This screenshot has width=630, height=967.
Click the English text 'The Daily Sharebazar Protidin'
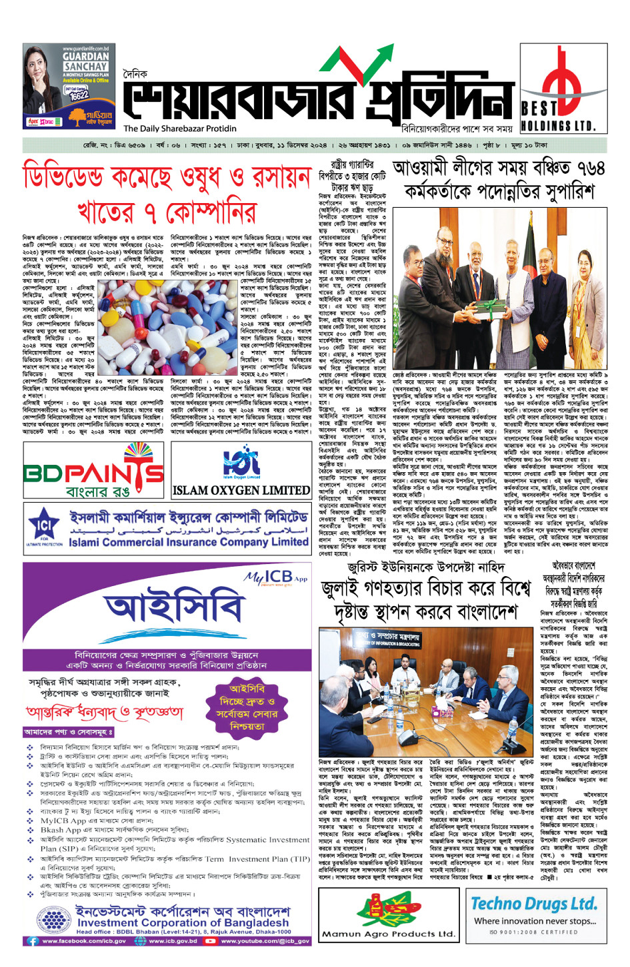pyautogui.click(x=179, y=129)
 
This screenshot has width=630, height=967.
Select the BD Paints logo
pyautogui.click(x=93, y=472)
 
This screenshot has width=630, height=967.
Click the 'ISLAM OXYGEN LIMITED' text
pyautogui.click(x=241, y=491)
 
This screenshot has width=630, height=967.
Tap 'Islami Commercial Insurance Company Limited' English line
pyautogui.click(x=189, y=542)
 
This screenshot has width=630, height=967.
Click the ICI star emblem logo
pyautogui.click(x=45, y=525)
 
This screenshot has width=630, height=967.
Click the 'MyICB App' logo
pyautogui.click(x=275, y=577)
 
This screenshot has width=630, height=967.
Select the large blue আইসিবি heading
pyautogui.click(x=174, y=608)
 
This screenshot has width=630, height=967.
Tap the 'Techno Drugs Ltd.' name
pyautogui.click(x=533, y=904)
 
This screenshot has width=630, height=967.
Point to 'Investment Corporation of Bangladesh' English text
pyautogui.click(x=182, y=922)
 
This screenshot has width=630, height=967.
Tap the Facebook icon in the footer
pyautogui.click(x=32, y=941)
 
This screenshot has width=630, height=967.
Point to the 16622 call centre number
pyautogui.click(x=78, y=95)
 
